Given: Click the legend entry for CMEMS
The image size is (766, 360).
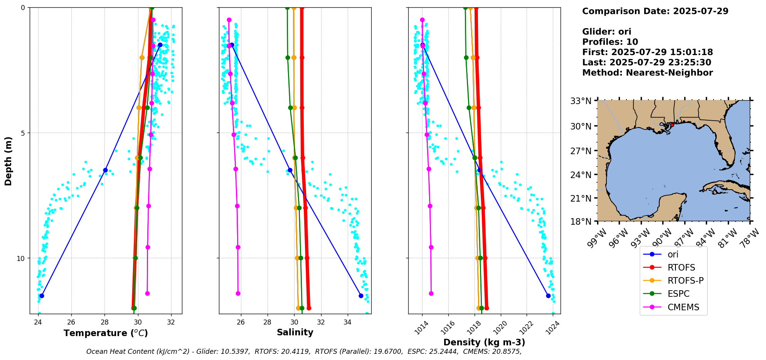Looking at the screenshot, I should (683, 307).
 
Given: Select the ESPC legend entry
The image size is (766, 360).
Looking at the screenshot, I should (678, 294).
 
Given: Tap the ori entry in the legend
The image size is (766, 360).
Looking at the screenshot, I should (673, 254).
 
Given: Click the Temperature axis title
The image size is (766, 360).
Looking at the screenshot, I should (106, 333).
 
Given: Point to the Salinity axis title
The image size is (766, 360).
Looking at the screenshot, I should (295, 332).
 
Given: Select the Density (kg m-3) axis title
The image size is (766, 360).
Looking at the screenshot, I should (484, 342).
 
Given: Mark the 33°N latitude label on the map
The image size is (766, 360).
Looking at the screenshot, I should (581, 101).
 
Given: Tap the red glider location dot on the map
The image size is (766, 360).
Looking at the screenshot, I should (672, 125).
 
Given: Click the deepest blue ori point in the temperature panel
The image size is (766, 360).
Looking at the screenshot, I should (42, 296).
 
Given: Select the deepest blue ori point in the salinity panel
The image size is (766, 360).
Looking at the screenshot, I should (361, 296).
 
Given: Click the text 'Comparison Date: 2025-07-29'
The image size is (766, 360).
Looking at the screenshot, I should (655, 11).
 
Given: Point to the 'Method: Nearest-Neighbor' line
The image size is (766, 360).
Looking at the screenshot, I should (647, 73).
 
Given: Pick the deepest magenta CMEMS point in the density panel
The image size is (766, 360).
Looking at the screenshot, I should (431, 293).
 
